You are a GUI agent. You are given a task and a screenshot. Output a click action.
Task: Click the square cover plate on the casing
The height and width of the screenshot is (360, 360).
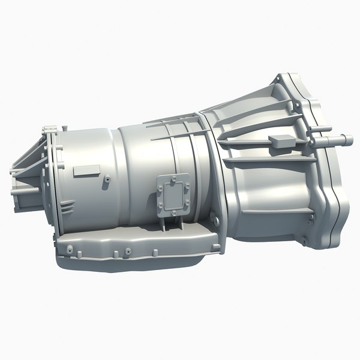(x=173, y=194)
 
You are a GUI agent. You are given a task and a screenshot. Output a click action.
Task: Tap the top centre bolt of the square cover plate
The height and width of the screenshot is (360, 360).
(x=172, y=178)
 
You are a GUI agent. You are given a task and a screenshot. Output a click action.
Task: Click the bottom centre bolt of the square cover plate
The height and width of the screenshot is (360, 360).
(x=172, y=211)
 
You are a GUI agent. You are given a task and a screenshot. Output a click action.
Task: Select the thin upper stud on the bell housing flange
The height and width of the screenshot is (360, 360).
(x=321, y=129)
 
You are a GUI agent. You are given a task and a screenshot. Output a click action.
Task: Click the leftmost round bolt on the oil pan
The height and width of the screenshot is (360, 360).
(x=70, y=248)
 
